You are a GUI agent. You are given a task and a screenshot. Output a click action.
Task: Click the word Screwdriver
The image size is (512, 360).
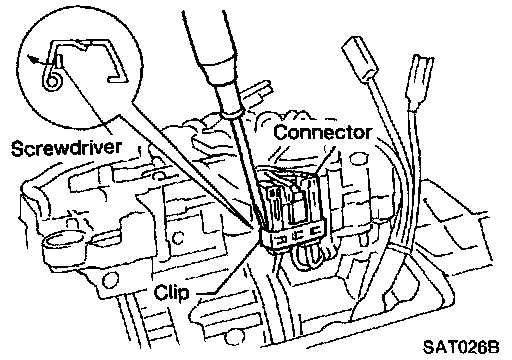66,148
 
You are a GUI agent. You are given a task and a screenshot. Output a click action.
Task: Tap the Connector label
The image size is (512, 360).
322,132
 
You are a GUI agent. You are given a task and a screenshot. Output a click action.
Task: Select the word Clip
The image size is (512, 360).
171,293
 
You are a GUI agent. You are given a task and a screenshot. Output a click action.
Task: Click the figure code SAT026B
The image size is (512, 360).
461,347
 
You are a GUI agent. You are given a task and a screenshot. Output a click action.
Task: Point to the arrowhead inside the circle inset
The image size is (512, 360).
33,59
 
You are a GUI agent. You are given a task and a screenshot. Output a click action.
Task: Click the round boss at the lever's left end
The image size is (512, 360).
62,243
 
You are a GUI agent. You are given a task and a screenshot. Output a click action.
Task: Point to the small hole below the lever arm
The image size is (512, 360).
111,279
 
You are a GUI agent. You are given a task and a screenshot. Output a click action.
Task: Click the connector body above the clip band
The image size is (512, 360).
289,200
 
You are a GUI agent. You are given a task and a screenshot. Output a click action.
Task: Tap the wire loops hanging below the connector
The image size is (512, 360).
307,257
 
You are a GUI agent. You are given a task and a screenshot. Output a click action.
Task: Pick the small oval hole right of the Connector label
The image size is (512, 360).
358,159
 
